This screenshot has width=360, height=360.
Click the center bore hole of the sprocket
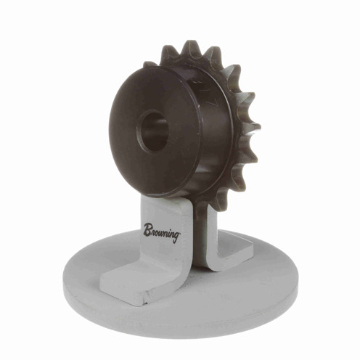tap(153, 130)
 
